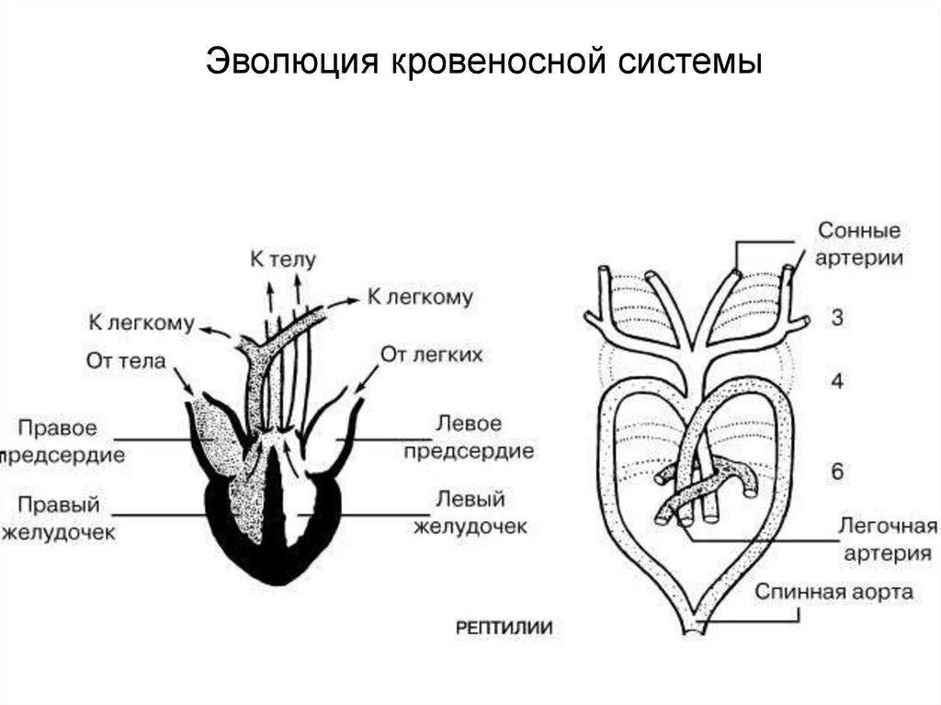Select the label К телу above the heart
click(283, 259)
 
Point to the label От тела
click(126, 360)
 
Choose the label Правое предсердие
click(64, 441)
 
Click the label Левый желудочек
click(470, 512)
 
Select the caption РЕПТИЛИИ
click(505, 628)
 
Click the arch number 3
click(837, 318)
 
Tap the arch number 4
click(837, 381)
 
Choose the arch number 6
click(837, 472)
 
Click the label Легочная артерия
click(888, 540)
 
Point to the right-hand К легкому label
click(420, 296)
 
